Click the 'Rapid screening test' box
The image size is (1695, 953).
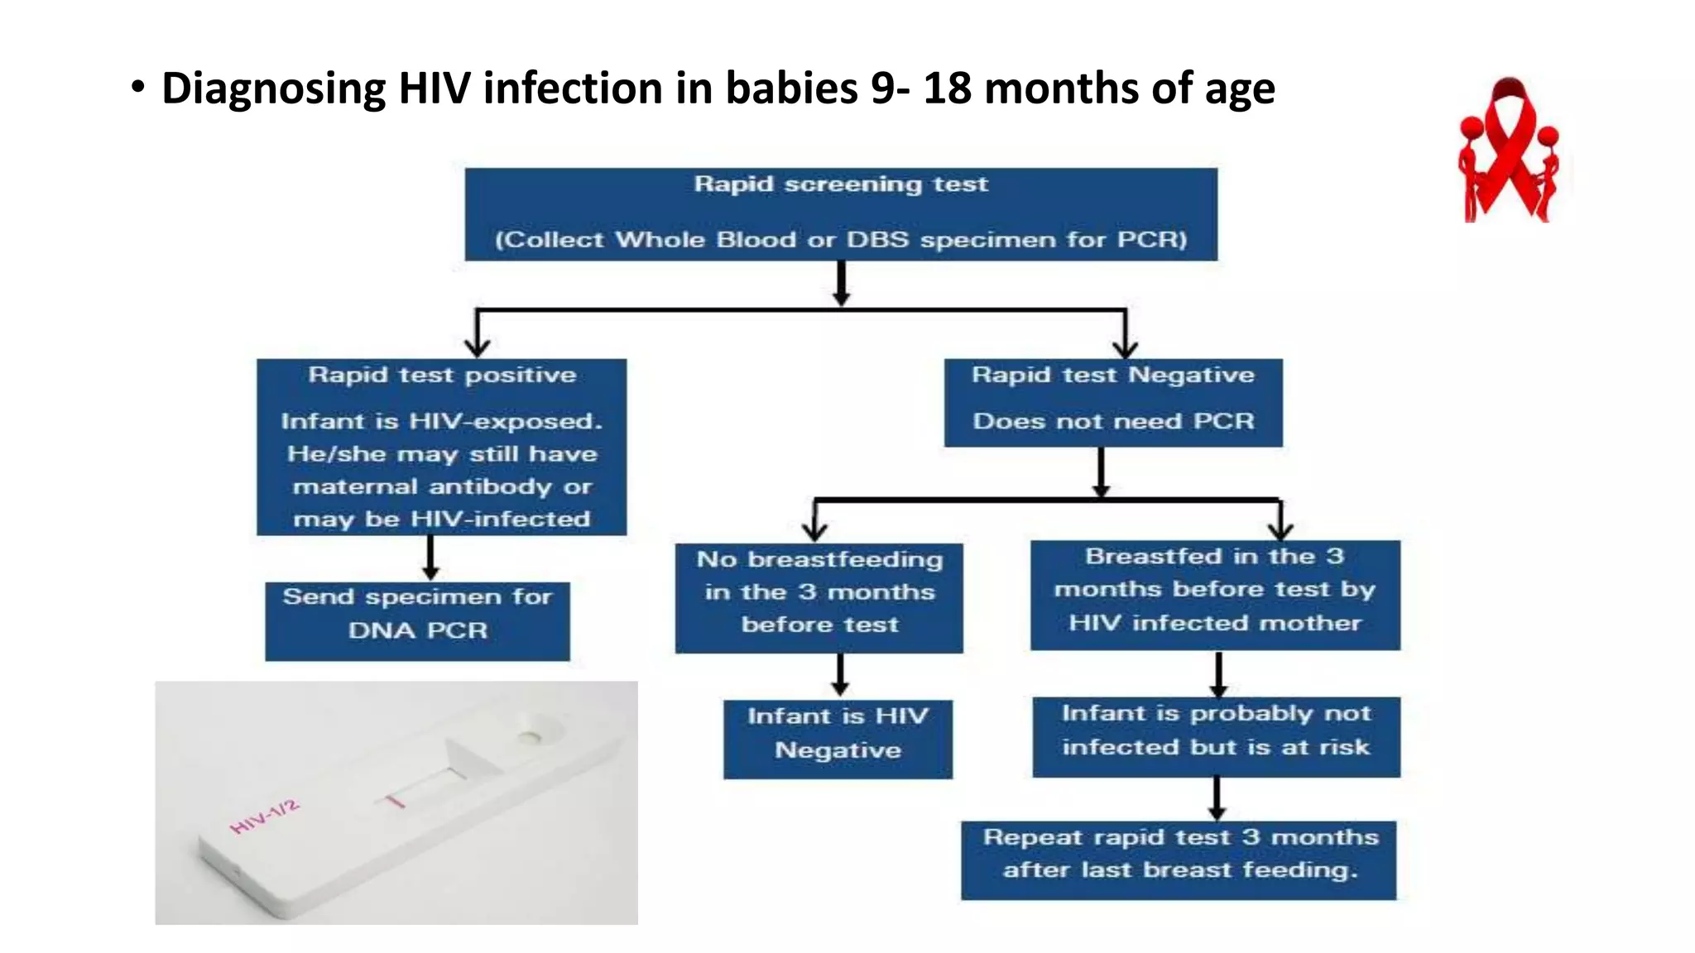point(841,214)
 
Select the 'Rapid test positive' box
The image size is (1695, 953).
point(441,447)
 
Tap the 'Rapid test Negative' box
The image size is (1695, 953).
point(1113,402)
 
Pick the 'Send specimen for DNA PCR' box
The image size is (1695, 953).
point(417,621)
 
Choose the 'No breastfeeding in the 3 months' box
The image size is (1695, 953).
point(819,598)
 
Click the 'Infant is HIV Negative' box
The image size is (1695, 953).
point(838,740)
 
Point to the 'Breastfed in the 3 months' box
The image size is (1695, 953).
point(1215,595)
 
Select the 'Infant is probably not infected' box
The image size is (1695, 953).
point(1216,736)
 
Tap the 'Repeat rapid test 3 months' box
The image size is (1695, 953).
point(1179,860)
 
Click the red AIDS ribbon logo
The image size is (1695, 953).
point(1510,151)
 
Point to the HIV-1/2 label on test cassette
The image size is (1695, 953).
point(264,817)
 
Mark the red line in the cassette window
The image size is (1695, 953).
point(396,800)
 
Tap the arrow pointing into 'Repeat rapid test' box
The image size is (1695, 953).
point(1217,798)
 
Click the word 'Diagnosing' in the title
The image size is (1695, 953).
point(273,89)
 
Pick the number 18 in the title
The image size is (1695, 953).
point(947,88)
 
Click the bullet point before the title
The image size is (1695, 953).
point(137,86)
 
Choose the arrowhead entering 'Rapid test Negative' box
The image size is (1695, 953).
point(1126,348)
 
